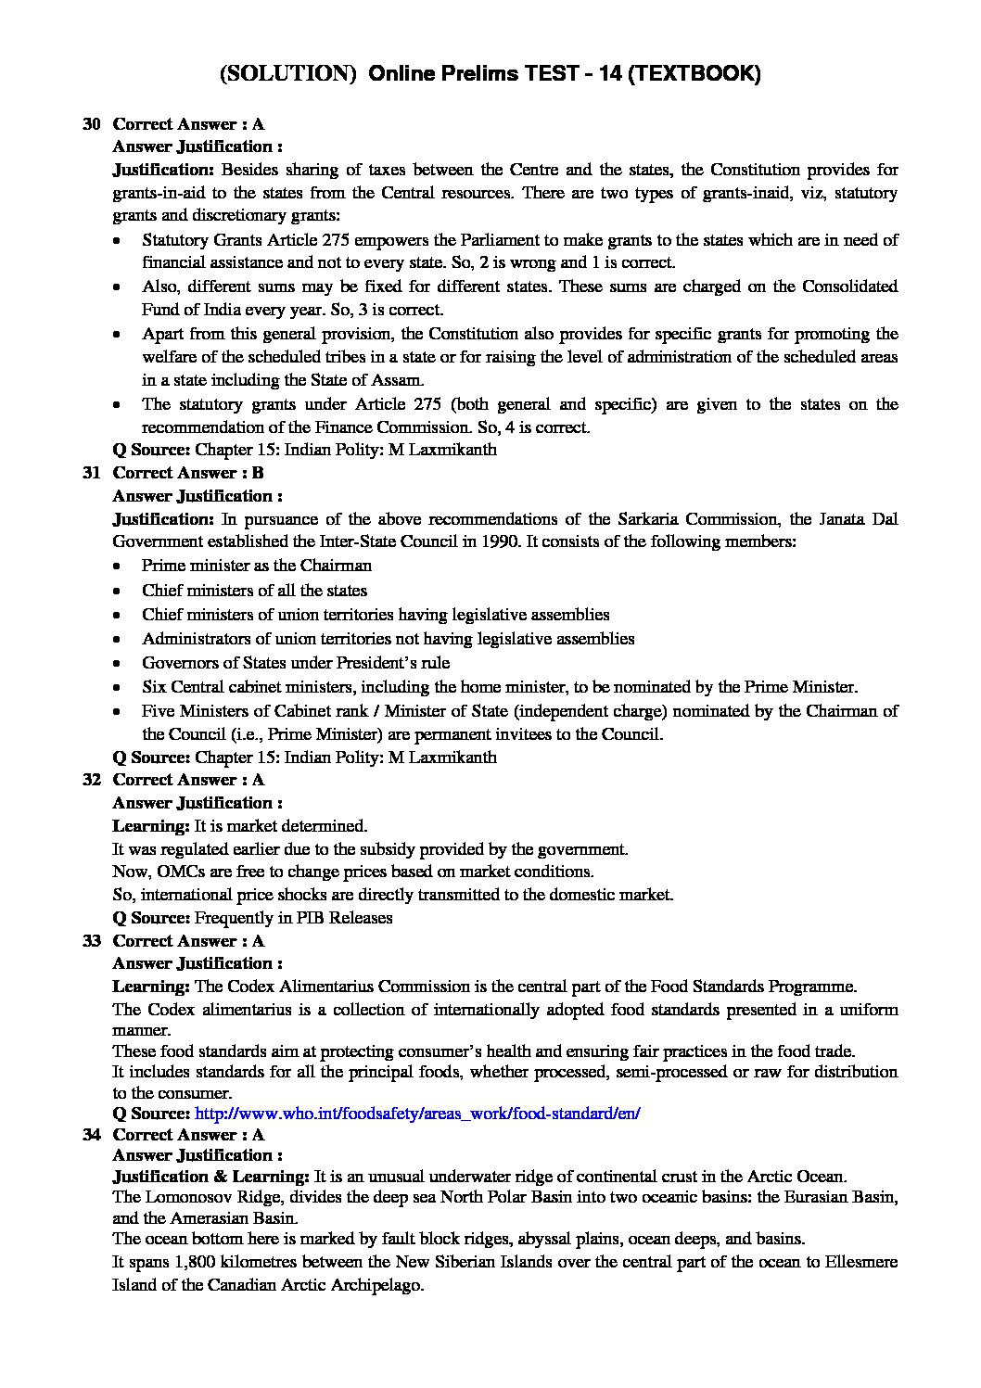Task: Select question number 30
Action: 92,123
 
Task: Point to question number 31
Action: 92,473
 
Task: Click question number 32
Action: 92,780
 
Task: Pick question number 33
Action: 92,941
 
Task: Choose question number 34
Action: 92,1134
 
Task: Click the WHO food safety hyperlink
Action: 417,1114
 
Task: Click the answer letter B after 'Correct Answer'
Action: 259,473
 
